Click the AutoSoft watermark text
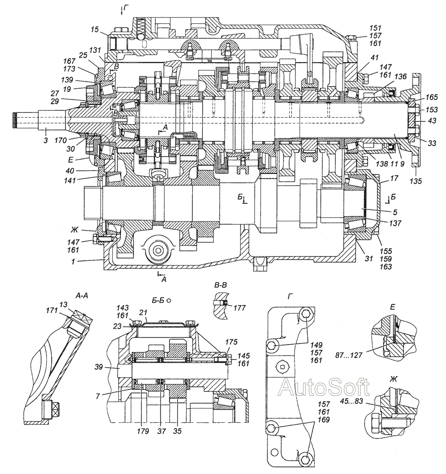[x=324, y=388]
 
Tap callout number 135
[x=416, y=182]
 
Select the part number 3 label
[x=45, y=140]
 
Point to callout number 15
[x=95, y=29]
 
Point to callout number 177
[x=240, y=308]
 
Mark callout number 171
[x=52, y=310]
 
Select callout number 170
[x=61, y=140]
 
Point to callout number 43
[x=432, y=120]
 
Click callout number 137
[x=395, y=223]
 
